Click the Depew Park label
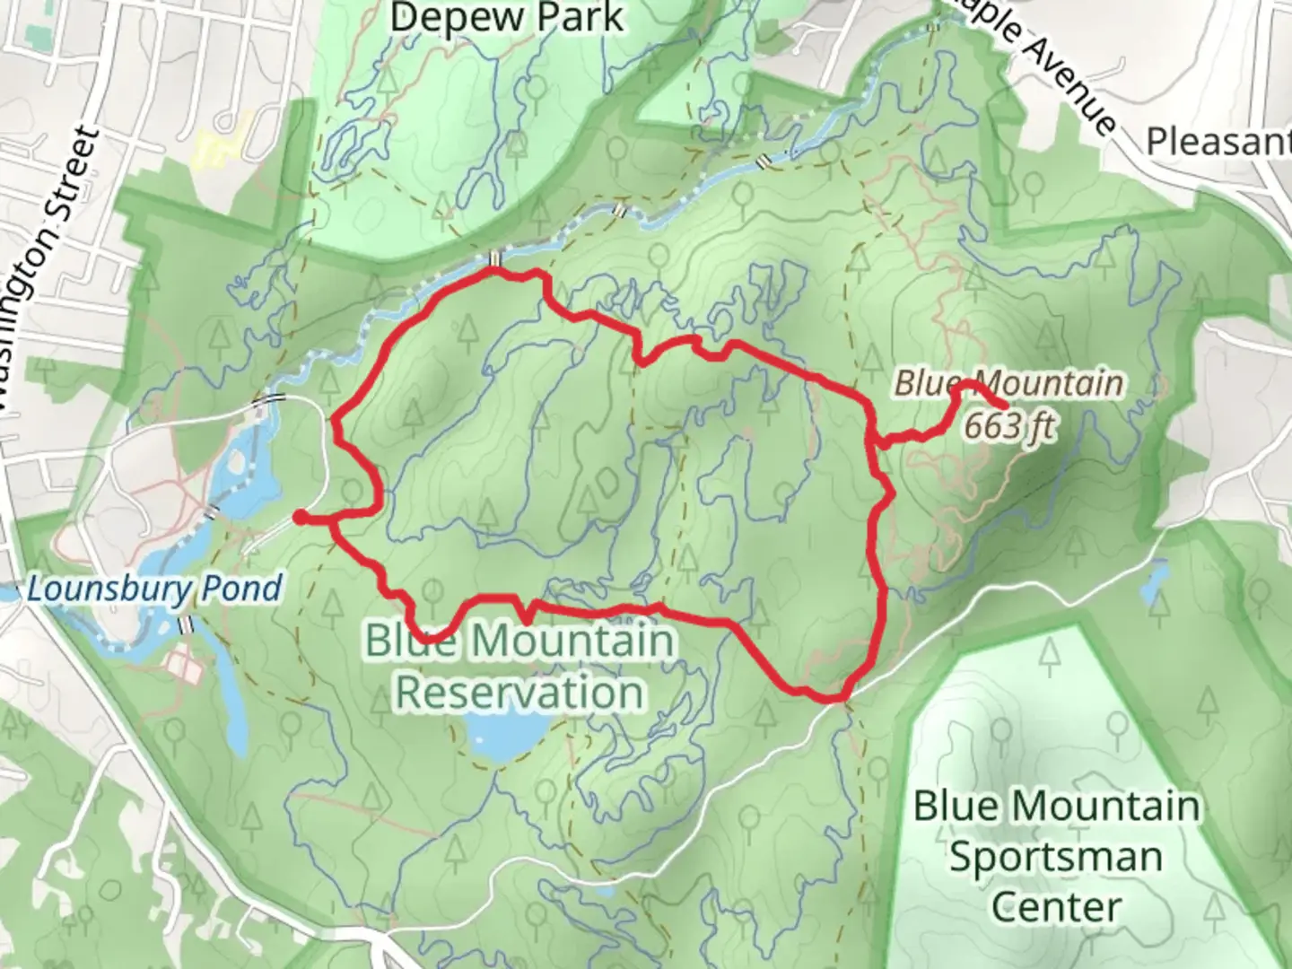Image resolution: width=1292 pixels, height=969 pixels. (507, 18)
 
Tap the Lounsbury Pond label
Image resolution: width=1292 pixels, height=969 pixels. (154, 589)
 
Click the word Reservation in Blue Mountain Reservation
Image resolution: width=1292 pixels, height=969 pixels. (520, 692)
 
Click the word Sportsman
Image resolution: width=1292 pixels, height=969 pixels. (1056, 856)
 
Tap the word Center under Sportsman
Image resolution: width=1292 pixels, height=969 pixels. (1056, 906)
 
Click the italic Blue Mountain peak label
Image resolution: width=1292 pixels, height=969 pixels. (1008, 383)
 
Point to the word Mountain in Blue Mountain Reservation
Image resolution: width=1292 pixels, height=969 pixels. (583, 642)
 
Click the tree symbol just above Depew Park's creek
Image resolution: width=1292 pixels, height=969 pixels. (537, 87)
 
